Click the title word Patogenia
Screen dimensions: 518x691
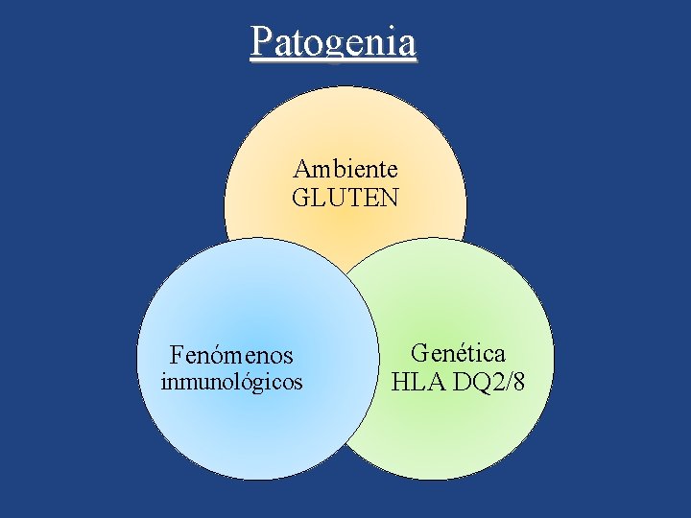coord(333,42)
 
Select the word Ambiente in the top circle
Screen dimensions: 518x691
coord(345,170)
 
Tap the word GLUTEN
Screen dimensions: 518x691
coord(345,199)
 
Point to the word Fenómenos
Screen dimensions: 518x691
coord(231,356)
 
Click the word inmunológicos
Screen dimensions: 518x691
coord(231,382)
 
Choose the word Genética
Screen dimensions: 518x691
coord(458,354)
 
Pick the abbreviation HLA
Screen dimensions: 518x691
coord(417,383)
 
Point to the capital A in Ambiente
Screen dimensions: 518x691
coord(301,170)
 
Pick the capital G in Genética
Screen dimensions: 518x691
coord(419,354)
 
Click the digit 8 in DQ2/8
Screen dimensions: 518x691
coord(518,383)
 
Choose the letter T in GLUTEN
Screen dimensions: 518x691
coord(350,199)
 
